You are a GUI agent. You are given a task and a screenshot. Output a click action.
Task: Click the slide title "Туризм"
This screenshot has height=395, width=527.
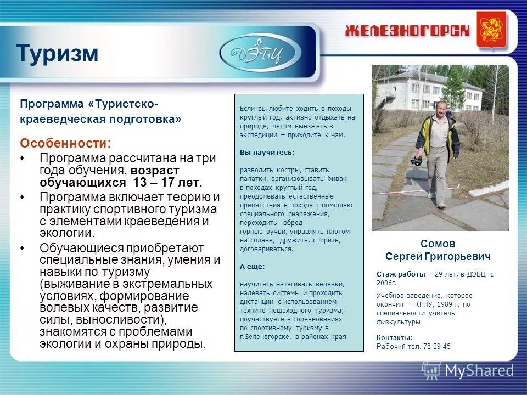click(57, 53)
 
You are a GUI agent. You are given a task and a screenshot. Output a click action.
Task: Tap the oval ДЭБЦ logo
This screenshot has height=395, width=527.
click(260, 53)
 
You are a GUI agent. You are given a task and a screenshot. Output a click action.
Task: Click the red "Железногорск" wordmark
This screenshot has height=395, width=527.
click(407, 31)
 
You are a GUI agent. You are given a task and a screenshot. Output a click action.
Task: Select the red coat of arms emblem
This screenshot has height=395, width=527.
click(491, 30)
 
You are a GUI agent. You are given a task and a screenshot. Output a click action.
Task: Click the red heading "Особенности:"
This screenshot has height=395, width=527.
click(65, 143)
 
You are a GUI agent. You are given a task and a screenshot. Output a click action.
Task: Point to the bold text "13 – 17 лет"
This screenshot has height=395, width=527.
click(171, 183)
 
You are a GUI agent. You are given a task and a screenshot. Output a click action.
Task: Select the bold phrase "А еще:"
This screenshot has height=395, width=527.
click(252, 266)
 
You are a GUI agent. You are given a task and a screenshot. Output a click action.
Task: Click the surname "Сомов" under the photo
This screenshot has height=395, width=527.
click(438, 244)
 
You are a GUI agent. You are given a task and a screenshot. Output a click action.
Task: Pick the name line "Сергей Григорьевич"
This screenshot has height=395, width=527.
click(438, 256)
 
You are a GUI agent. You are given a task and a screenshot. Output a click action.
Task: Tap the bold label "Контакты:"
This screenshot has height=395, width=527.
click(394, 337)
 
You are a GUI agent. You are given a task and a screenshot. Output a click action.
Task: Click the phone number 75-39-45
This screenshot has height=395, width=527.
click(434, 346)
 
